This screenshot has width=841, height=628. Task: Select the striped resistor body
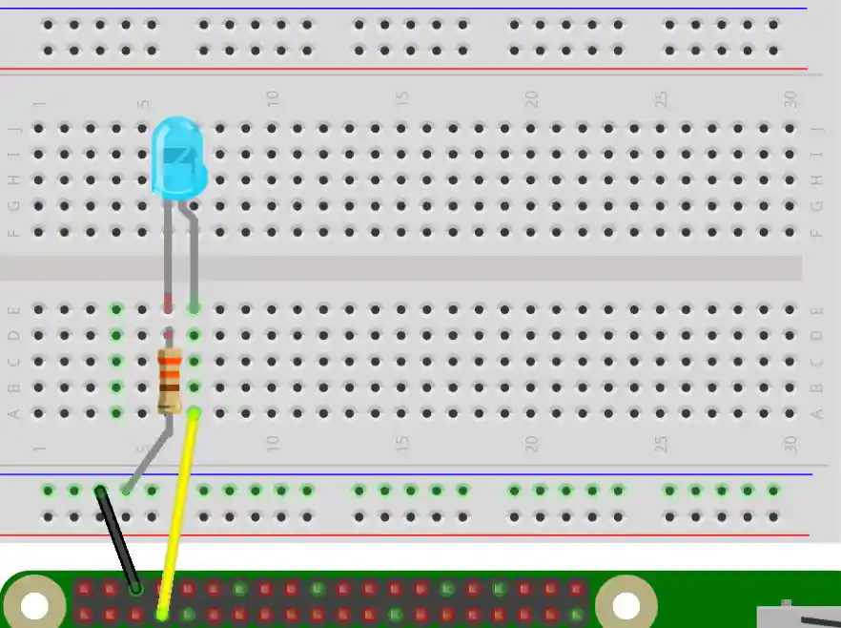[170, 380]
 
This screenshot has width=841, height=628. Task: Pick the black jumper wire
[118, 539]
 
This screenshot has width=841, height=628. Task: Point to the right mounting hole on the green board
[626, 605]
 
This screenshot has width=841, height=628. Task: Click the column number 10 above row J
[273, 98]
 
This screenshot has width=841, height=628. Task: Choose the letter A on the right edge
[816, 413]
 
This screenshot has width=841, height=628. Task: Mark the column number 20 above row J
[531, 98]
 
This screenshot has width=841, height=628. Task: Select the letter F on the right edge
[816, 232]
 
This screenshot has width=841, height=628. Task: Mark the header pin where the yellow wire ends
[162, 614]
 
